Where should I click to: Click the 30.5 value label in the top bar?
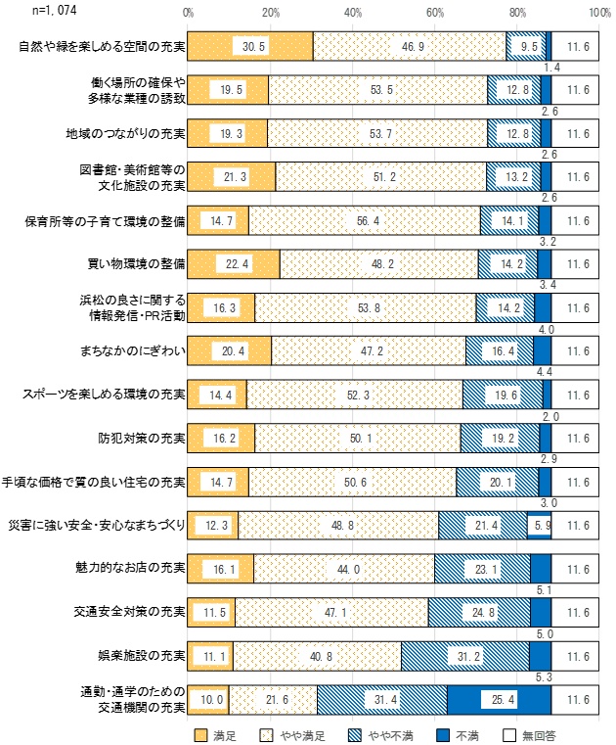coord(246,46)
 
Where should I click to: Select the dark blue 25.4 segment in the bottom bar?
coord(499,701)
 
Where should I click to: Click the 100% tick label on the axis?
coord(599,12)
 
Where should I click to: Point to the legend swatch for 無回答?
coord(509,733)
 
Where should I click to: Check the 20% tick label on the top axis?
coord(271,12)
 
